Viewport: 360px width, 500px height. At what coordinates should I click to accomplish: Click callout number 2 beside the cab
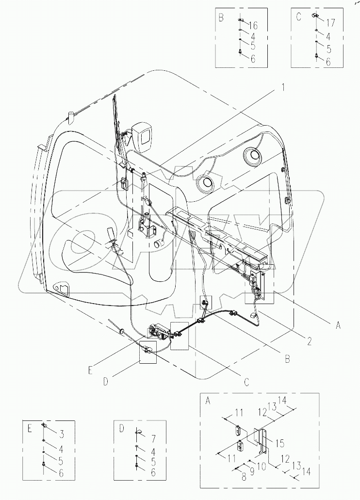[x=308, y=341]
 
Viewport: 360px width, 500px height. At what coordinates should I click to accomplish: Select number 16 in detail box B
[x=253, y=25]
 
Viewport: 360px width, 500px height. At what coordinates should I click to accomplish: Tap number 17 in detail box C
[x=330, y=23]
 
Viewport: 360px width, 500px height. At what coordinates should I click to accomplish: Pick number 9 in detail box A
[x=253, y=471]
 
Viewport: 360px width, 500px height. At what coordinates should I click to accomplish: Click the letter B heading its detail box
[x=221, y=18]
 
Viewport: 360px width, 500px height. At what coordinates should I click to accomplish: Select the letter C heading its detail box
[x=298, y=16]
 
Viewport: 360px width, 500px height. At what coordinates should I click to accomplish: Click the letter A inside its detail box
[x=208, y=401]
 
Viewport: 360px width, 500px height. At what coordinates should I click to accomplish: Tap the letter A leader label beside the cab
[x=338, y=326]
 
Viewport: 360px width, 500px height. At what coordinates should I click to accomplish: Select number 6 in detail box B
[x=253, y=59]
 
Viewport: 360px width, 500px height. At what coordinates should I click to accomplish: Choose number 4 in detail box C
[x=329, y=36]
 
